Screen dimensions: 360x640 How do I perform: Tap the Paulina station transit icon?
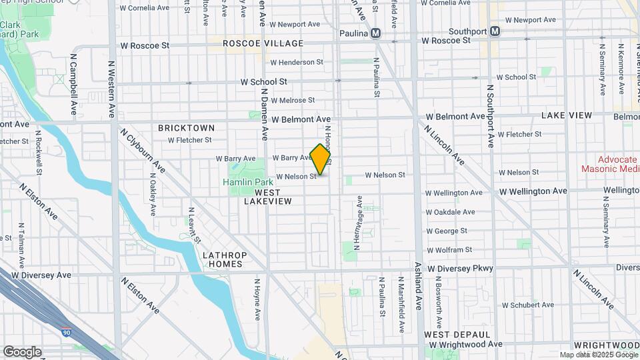pyautogui.click(x=377, y=33)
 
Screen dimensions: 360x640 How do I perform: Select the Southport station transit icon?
pyautogui.click(x=495, y=31)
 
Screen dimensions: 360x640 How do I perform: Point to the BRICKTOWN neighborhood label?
pyautogui.click(x=186, y=127)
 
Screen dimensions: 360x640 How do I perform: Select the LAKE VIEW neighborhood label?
pyautogui.click(x=566, y=115)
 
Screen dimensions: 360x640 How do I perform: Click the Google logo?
pyautogui.click(x=22, y=351)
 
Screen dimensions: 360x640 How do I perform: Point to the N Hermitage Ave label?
pyautogui.click(x=359, y=223)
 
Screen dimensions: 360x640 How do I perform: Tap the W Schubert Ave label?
pyautogui.click(x=527, y=305)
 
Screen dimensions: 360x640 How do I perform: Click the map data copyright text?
pyautogui.click(x=598, y=355)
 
